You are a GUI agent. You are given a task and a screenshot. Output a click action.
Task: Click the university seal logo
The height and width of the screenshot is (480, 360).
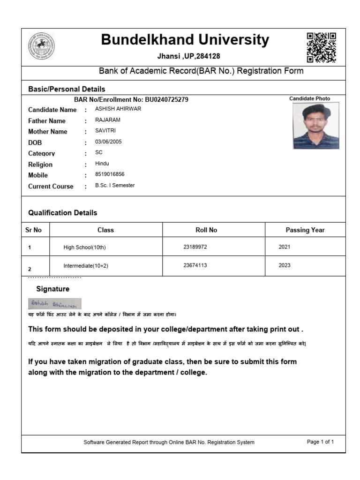tap(41, 46)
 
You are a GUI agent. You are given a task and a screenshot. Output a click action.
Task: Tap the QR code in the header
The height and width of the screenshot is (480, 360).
tap(321, 47)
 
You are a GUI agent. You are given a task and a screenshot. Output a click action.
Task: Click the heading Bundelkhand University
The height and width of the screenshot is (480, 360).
tap(185, 40)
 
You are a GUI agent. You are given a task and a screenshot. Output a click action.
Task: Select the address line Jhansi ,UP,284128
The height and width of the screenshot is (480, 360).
tap(188, 56)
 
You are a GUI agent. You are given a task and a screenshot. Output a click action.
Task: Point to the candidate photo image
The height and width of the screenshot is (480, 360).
tap(316, 126)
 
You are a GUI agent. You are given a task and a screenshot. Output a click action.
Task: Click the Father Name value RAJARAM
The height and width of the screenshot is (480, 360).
tap(108, 120)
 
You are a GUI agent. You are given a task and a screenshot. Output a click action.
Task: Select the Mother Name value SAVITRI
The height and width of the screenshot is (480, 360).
tap(105, 131)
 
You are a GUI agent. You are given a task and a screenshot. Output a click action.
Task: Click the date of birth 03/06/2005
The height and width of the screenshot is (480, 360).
tap(108, 142)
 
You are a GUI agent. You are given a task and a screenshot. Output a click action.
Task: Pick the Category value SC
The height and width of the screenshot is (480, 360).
tap(98, 152)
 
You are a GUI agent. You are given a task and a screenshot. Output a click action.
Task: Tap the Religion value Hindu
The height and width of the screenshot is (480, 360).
tap(102, 164)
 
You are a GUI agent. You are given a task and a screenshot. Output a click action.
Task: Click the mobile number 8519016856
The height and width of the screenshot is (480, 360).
tap(110, 174)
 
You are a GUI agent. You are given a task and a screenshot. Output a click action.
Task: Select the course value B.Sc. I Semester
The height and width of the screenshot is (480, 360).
tap(115, 185)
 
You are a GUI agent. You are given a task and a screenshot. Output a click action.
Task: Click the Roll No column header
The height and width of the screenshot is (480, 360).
tap(206, 230)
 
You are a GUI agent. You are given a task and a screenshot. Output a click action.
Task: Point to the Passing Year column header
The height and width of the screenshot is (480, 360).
tap(305, 230)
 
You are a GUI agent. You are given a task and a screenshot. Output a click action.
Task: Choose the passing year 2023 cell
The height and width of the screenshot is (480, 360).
tap(285, 265)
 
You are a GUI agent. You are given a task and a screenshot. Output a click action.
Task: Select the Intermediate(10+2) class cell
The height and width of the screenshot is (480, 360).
tap(86, 266)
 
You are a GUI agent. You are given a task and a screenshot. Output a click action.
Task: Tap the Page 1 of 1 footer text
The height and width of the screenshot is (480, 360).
tap(320, 442)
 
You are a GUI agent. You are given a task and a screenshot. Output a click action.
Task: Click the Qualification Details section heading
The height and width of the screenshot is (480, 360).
tap(63, 213)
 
